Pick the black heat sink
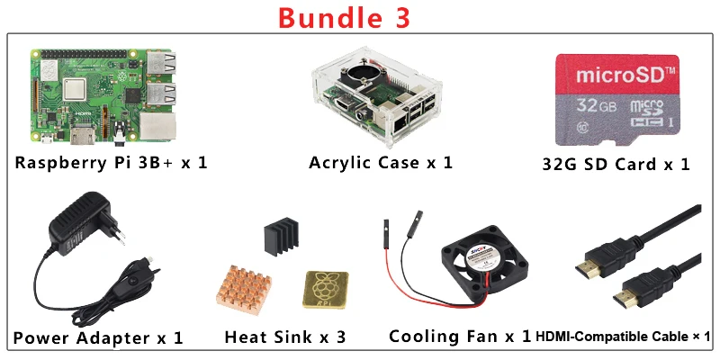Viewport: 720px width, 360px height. [x=280, y=237]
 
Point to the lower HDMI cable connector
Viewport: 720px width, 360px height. [x=630, y=296]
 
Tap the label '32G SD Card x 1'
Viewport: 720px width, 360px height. [x=616, y=164]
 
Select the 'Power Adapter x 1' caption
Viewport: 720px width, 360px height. [x=98, y=338]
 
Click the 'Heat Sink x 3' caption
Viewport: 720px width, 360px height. [x=285, y=337]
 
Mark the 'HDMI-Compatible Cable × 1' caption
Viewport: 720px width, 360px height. [x=624, y=337]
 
